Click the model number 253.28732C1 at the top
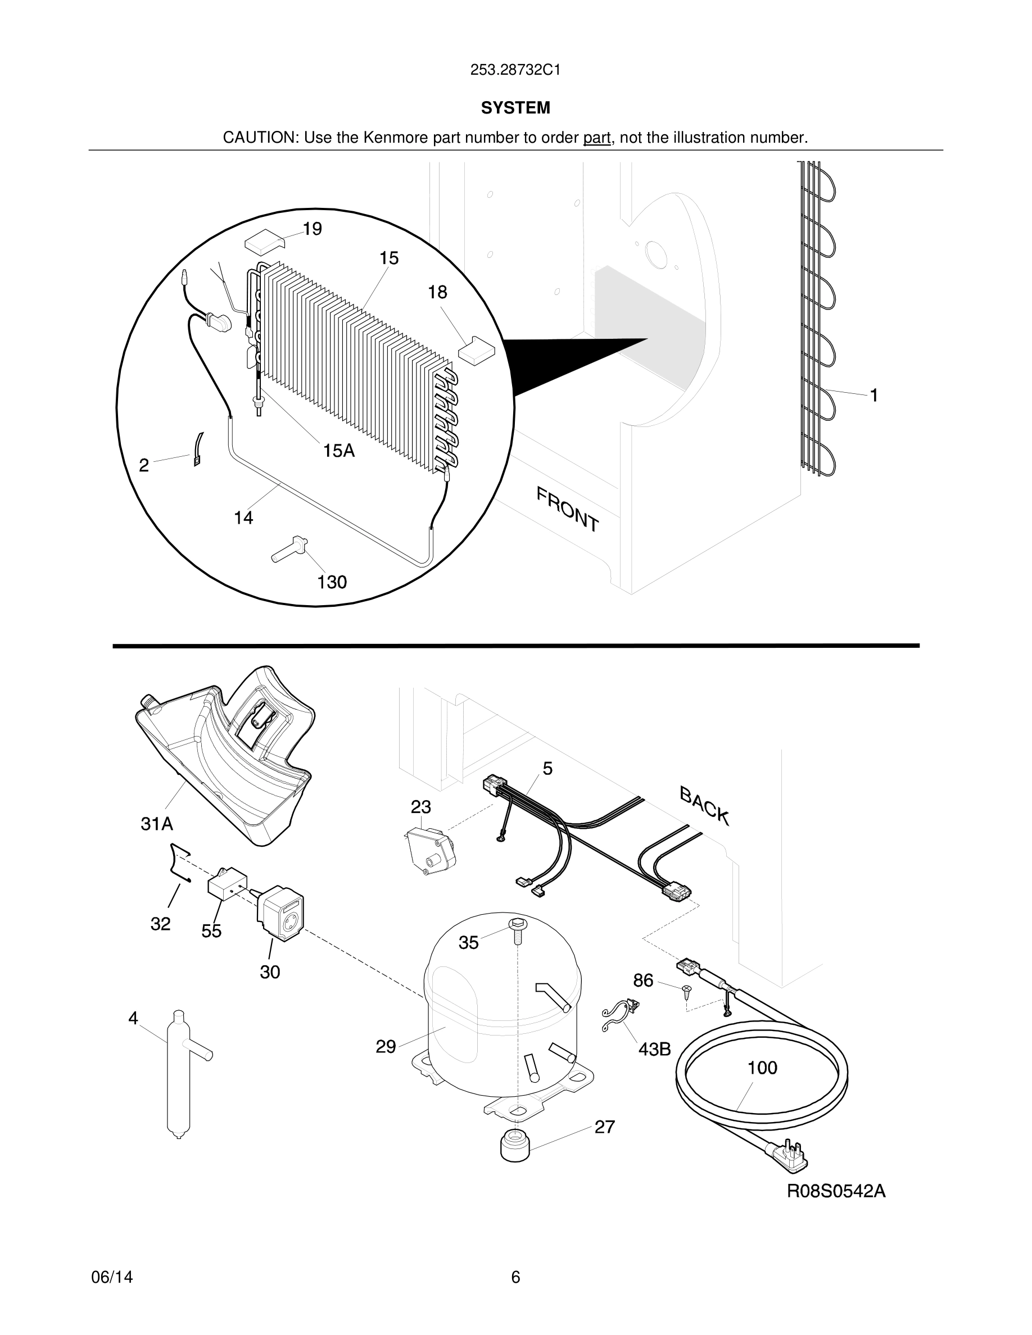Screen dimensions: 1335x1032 coord(515,70)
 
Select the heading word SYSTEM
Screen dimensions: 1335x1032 coord(515,108)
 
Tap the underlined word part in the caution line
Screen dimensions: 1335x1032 coord(597,138)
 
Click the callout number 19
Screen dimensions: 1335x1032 coord(312,229)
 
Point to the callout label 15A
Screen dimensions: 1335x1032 coord(339,451)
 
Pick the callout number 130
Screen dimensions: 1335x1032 coord(332,582)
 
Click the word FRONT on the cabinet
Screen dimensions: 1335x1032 coord(567,508)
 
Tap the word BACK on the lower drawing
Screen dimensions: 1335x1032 coord(704,806)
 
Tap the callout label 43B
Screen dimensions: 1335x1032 coord(654,1050)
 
